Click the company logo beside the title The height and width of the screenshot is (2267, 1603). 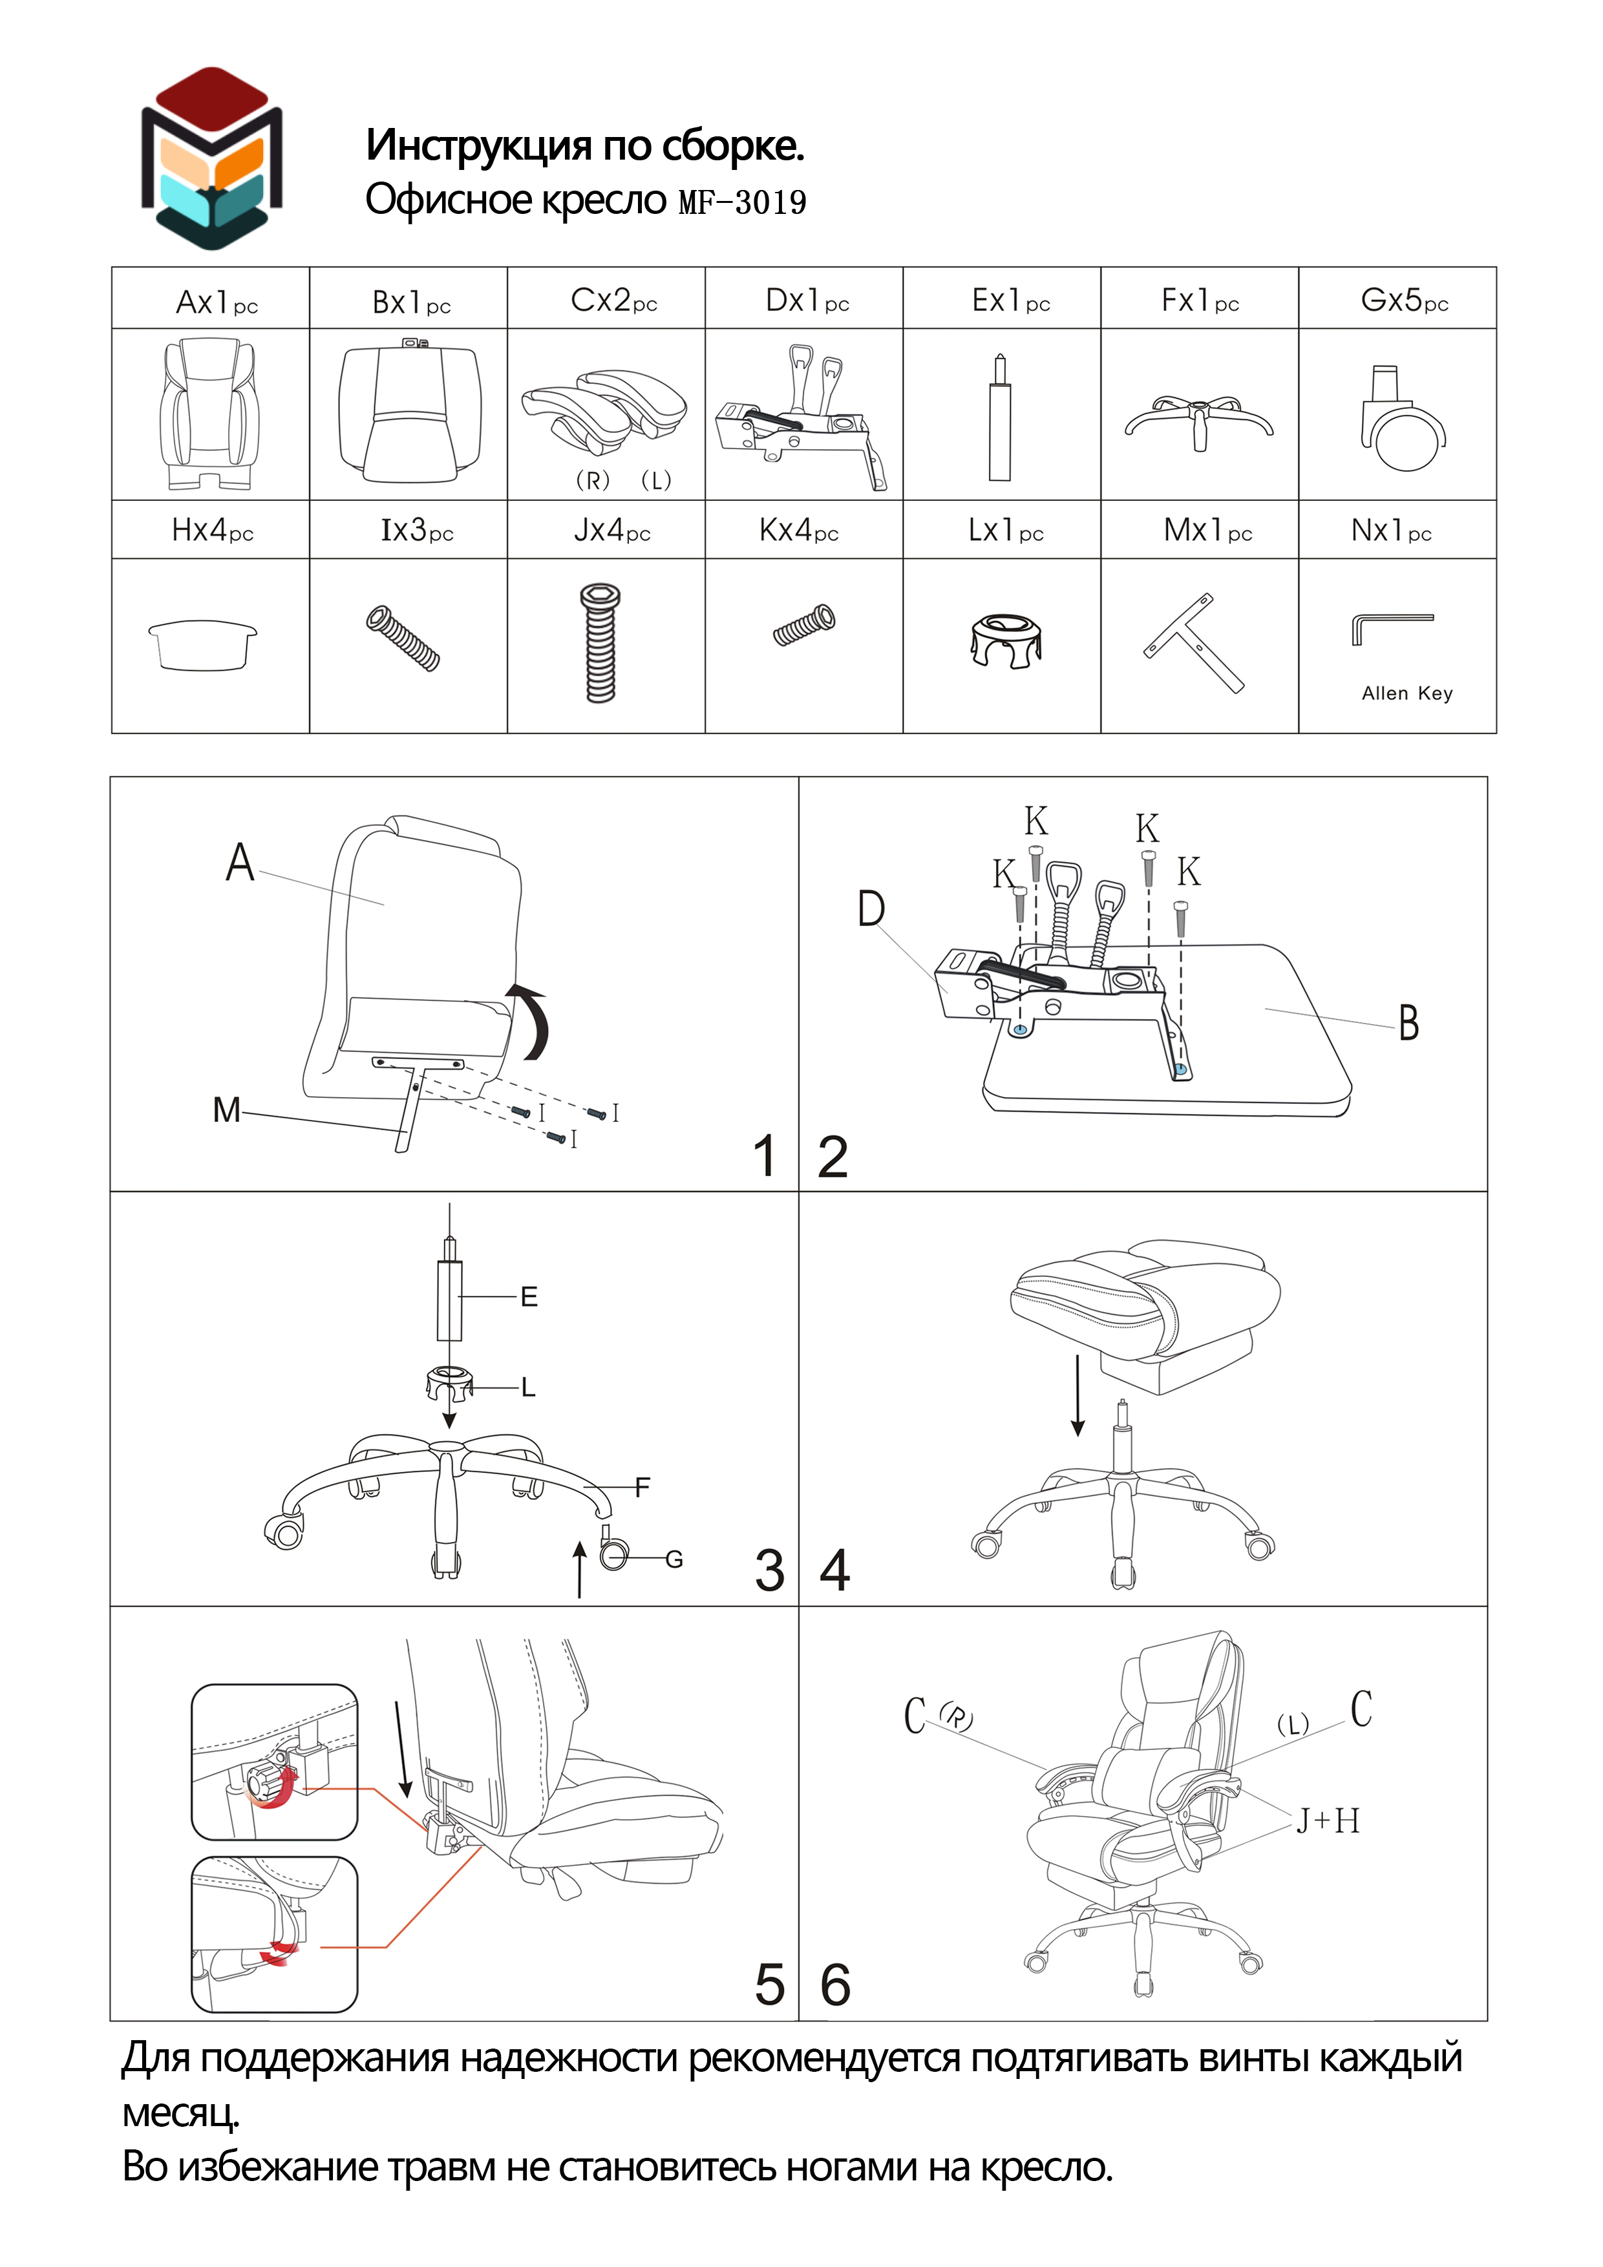click(x=211, y=158)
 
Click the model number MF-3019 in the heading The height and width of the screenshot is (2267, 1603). click(x=742, y=202)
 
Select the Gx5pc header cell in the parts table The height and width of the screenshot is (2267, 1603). click(x=1397, y=298)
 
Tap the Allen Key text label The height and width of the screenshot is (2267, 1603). click(x=1407, y=693)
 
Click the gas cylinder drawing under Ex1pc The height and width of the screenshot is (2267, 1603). click(x=1001, y=417)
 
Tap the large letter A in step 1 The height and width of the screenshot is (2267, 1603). click(x=240, y=862)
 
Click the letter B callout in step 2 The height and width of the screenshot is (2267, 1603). click(x=1408, y=1023)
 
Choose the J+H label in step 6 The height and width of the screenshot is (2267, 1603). click(x=1328, y=1820)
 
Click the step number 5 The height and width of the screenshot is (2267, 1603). click(x=769, y=1985)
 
